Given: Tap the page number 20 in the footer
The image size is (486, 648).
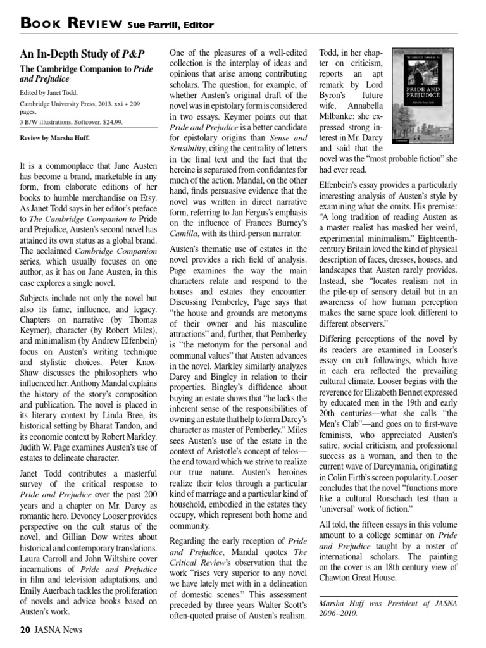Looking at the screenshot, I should pos(23,630).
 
